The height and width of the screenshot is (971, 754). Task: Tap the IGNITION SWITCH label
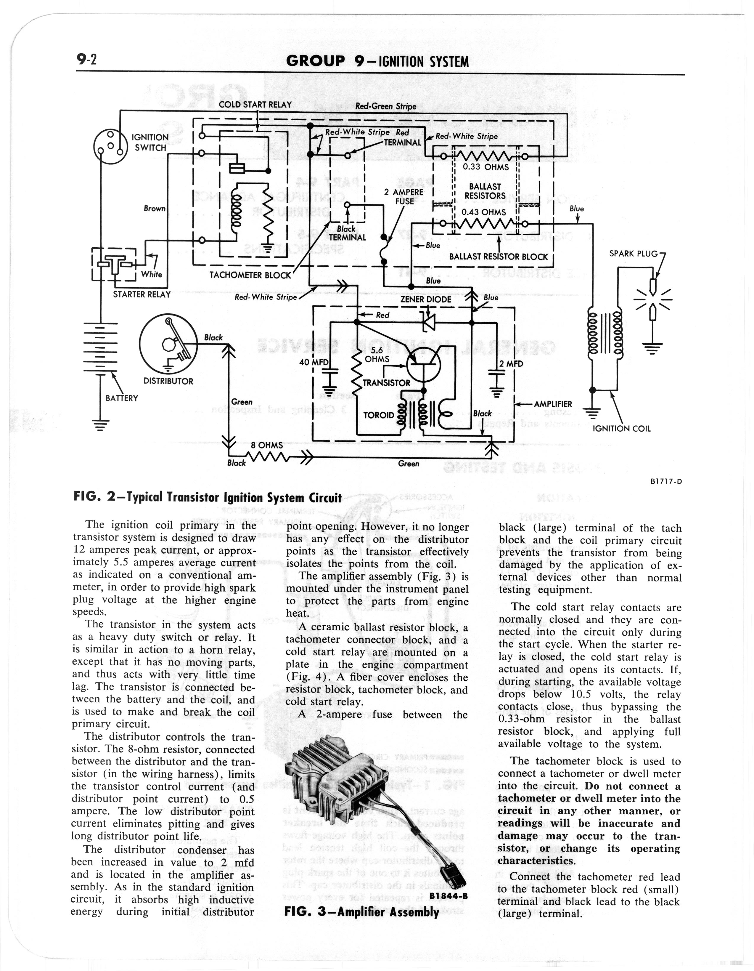click(150, 142)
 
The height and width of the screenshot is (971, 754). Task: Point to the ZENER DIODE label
click(426, 299)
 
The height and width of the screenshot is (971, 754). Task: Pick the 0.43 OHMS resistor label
click(483, 212)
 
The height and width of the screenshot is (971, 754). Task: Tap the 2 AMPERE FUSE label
click(404, 196)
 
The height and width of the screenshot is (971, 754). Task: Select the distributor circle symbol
click(168, 342)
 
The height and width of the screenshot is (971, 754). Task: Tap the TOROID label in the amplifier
click(379, 415)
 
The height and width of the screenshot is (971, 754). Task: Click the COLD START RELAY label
click(255, 105)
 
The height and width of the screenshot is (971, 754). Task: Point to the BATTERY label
click(122, 398)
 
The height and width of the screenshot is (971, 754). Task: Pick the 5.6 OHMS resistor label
click(377, 354)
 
